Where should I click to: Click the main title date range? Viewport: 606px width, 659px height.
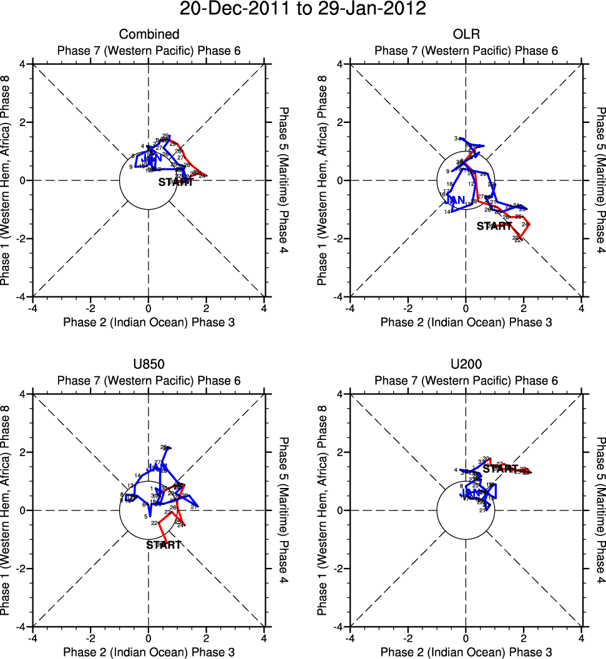pos(303,9)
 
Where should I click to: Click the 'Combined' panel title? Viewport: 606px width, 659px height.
pos(149,34)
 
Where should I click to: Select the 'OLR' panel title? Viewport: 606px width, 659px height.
pos(465,34)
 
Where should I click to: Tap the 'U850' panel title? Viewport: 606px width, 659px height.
pos(149,365)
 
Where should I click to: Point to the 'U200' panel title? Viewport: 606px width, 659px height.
pos(465,365)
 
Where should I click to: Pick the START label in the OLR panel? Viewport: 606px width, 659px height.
pos(494,227)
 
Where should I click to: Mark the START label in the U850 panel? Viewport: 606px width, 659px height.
pos(164,545)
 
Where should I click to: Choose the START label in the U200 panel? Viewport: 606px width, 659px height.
pos(501,468)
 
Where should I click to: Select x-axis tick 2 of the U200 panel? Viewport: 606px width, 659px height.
pos(524,638)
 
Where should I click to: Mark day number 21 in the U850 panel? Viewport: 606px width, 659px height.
pos(194,507)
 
